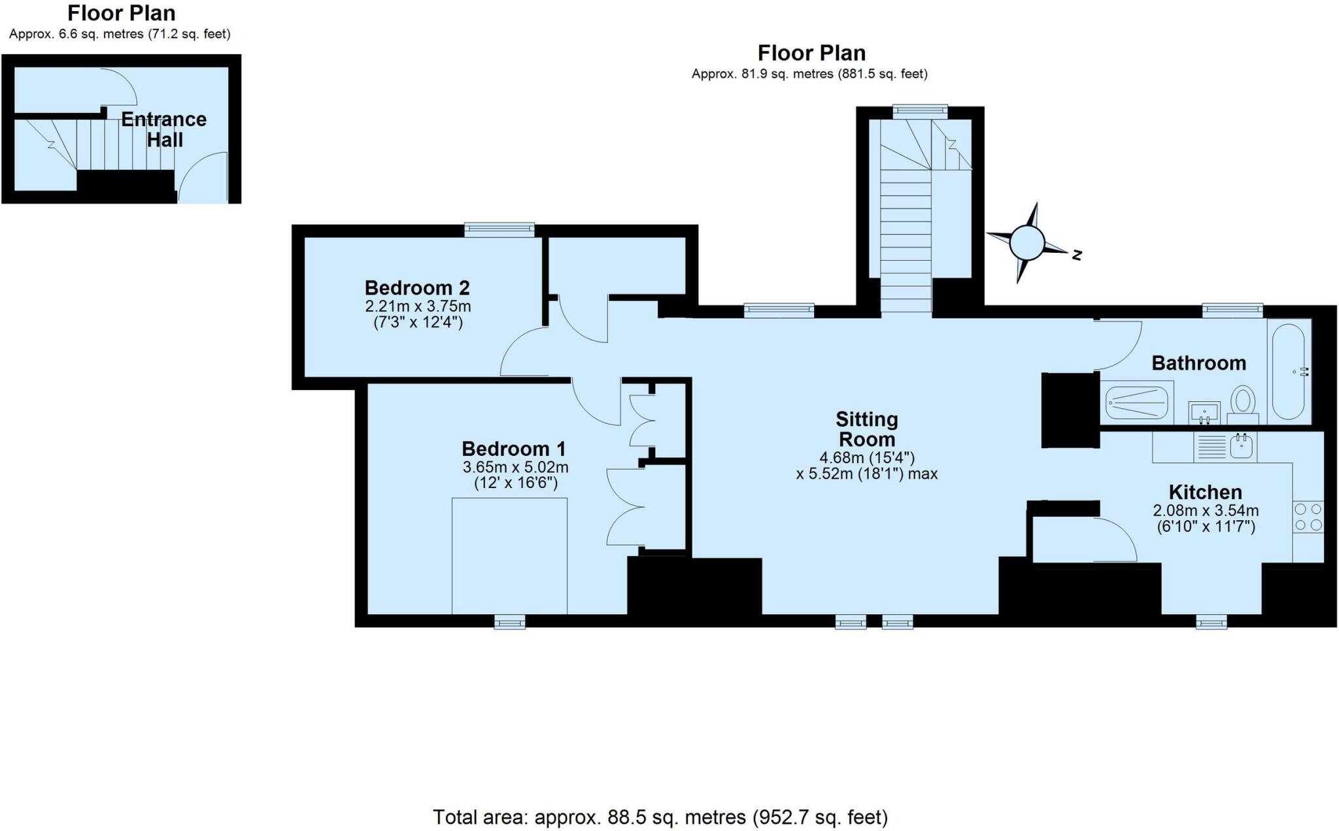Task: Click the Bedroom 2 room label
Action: click(x=417, y=287)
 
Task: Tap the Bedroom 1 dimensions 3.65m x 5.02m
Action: click(x=515, y=467)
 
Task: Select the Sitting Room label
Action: click(x=866, y=429)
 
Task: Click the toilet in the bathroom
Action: click(x=1244, y=401)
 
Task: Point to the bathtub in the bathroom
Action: click(x=1289, y=371)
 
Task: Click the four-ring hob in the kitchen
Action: click(x=1308, y=516)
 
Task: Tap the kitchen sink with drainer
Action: click(x=1225, y=447)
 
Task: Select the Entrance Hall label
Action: click(x=164, y=129)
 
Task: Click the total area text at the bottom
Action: click(x=660, y=817)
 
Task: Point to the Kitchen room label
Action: click(x=1205, y=492)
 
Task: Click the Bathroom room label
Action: click(x=1198, y=363)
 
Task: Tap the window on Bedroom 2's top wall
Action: click(x=500, y=229)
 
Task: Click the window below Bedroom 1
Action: click(x=509, y=623)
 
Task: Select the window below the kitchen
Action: click(x=1211, y=623)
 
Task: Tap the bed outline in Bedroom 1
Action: click(x=509, y=555)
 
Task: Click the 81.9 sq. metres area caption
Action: click(x=809, y=74)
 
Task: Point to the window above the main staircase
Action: click(x=920, y=111)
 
